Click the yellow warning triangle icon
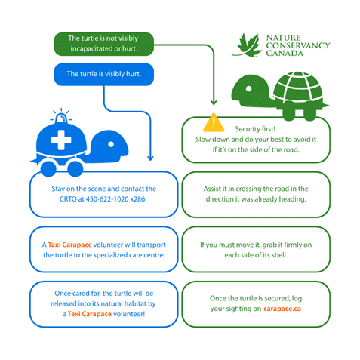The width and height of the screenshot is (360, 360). click(x=214, y=123)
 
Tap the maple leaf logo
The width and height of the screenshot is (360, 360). click(x=248, y=45)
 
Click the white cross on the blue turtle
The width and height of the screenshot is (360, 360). click(x=61, y=140)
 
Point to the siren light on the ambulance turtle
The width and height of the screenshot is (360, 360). click(x=61, y=118)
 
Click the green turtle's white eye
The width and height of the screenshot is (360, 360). click(x=249, y=88)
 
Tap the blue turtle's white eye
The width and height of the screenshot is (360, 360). click(x=111, y=144)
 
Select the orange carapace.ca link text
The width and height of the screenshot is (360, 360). click(x=282, y=309)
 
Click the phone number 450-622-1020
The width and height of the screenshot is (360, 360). click(x=107, y=199)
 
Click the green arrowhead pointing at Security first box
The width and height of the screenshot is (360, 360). click(x=214, y=102)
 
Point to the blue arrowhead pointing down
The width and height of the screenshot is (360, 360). click(x=150, y=158)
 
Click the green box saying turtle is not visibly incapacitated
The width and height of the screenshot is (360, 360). click(x=103, y=44)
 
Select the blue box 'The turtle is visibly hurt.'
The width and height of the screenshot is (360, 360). click(x=103, y=74)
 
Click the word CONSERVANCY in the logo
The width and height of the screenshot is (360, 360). click(x=298, y=45)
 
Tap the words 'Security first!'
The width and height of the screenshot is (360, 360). click(x=255, y=129)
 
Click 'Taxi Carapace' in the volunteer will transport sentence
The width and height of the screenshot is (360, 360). click(x=69, y=245)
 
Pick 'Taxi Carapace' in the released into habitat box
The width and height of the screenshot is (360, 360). click(x=90, y=314)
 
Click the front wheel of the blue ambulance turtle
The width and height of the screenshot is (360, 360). click(x=75, y=168)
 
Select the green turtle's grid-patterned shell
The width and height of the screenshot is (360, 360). click(x=298, y=87)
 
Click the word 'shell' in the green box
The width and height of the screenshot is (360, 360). click(x=279, y=255)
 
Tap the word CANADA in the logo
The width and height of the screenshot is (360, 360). click(x=285, y=54)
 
